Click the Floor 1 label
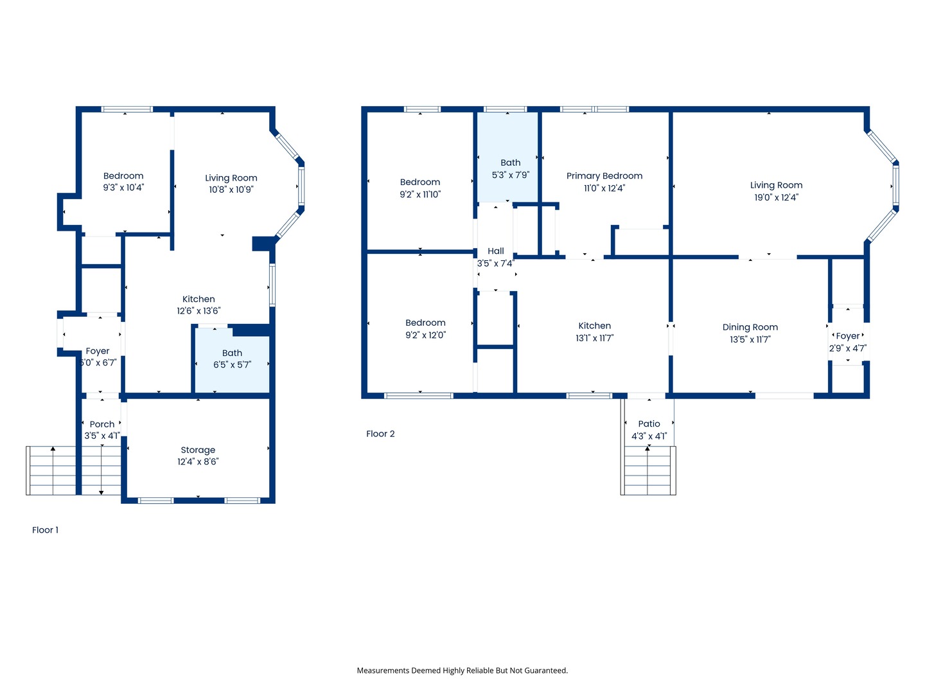pyautogui.click(x=45, y=530)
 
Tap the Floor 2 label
pyautogui.click(x=380, y=434)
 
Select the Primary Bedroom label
pyautogui.click(x=604, y=176)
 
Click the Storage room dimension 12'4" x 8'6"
pyautogui.click(x=198, y=462)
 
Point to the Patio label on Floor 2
pyautogui.click(x=649, y=424)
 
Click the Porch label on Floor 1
pyautogui.click(x=102, y=425)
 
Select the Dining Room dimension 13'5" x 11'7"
pyautogui.click(x=750, y=339)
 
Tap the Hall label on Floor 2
pyautogui.click(x=495, y=251)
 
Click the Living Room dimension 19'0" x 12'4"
pyautogui.click(x=776, y=197)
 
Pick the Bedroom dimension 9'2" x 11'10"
pyautogui.click(x=420, y=195)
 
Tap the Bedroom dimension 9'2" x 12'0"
pyautogui.click(x=425, y=335)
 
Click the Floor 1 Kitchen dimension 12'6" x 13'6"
pyautogui.click(x=198, y=311)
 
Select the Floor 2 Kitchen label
pyautogui.click(x=594, y=326)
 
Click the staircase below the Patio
pyautogui.click(x=649, y=472)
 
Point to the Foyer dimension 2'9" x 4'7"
pyautogui.click(x=847, y=348)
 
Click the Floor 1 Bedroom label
pyautogui.click(x=123, y=176)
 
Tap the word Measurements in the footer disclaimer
pyautogui.click(x=383, y=670)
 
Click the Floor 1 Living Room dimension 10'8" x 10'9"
pyautogui.click(x=231, y=190)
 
